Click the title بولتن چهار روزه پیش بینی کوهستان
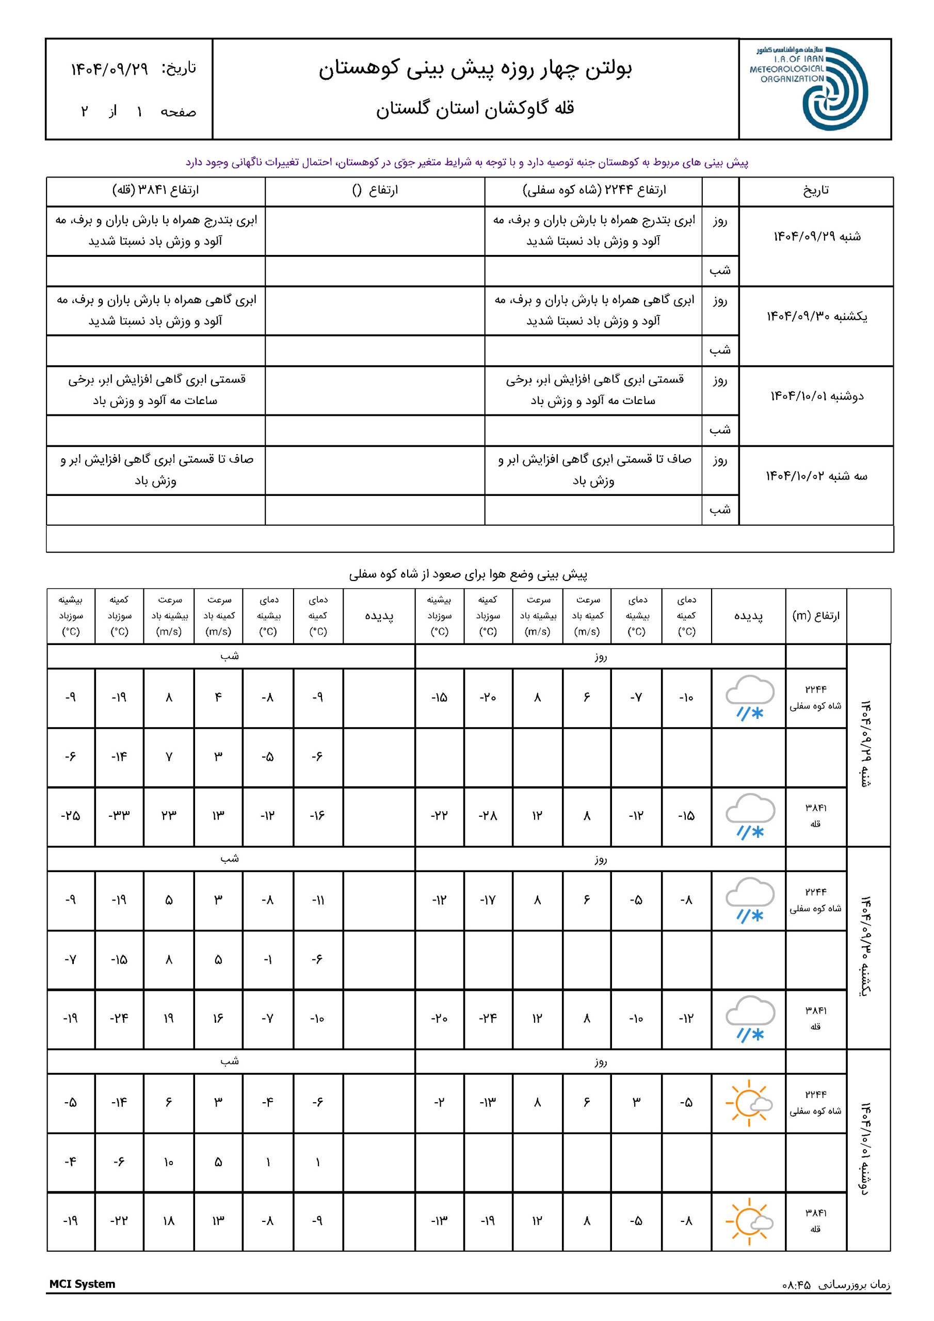475,69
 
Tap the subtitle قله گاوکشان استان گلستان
475,108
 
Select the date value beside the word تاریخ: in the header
109,69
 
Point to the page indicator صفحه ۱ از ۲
138,111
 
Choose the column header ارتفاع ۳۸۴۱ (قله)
155,190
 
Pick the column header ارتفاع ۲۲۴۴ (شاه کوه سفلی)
594,190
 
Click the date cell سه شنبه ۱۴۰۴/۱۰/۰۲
816,476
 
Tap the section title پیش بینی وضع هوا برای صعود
468,574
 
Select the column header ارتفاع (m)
815,616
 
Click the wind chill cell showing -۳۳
119,815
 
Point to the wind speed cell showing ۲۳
169,815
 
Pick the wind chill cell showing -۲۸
488,815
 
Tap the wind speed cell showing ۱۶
218,1019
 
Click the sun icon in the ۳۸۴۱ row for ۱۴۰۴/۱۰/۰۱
749,1221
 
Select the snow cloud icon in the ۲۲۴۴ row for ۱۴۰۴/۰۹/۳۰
749,900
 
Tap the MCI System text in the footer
82,1284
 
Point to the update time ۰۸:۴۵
796,1284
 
